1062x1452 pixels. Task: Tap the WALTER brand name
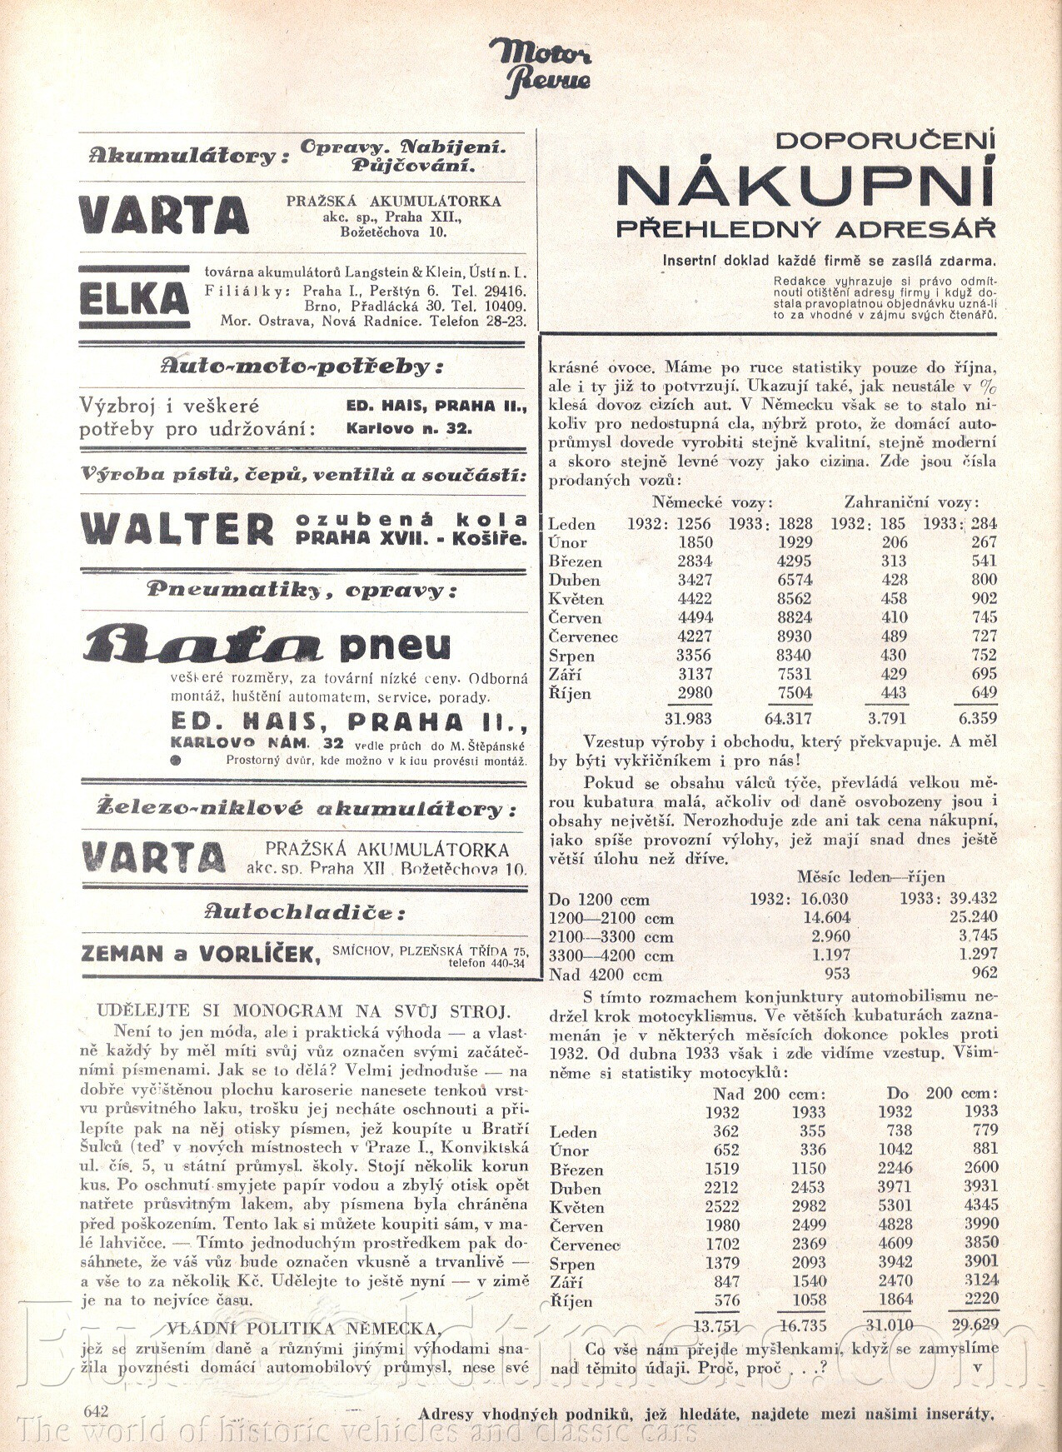coord(177,528)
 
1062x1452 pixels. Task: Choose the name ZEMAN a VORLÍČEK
coord(201,955)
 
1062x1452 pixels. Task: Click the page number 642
coord(97,1410)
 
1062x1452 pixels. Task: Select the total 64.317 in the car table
coord(788,718)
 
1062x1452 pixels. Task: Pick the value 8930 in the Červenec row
coord(795,636)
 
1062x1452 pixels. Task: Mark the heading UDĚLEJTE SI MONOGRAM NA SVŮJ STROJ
coord(303,1011)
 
